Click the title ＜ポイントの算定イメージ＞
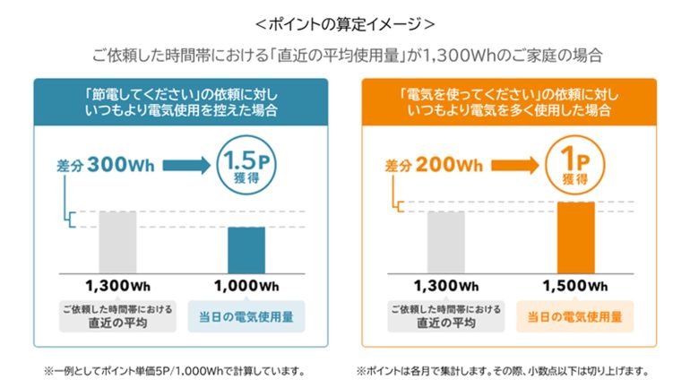[344, 21]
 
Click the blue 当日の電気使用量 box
[246, 316]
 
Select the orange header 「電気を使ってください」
[509, 101]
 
